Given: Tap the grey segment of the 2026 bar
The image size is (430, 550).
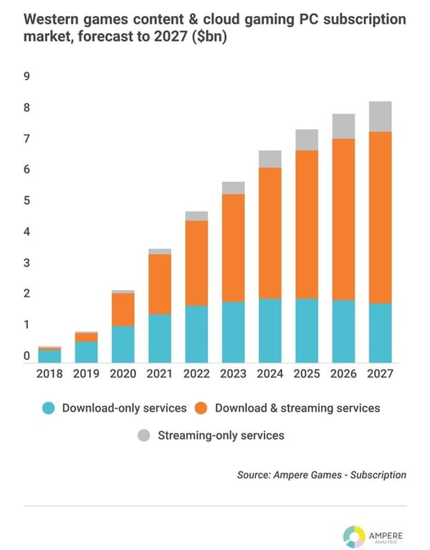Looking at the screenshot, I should tap(343, 126).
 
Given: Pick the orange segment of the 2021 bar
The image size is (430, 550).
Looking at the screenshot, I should tap(161, 284).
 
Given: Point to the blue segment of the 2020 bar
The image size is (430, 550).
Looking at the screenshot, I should tap(123, 344).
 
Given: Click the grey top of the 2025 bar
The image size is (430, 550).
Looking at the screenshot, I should tap(307, 140).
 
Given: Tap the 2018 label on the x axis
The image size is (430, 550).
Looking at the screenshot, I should tap(50, 373).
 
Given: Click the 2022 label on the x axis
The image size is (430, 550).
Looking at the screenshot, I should tap(196, 373).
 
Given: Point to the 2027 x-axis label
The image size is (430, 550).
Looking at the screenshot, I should tap(380, 373).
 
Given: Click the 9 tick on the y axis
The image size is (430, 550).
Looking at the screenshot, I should tap(27, 77).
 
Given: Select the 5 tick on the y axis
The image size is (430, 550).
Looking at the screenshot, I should tap(27, 201).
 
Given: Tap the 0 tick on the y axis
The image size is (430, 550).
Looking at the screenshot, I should tap(27, 356).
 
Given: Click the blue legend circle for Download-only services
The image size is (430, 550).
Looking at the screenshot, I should tap(47, 408).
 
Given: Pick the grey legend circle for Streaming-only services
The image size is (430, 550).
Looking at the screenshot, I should tap(143, 435).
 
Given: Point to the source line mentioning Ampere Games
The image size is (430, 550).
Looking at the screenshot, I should tap(322, 474).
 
